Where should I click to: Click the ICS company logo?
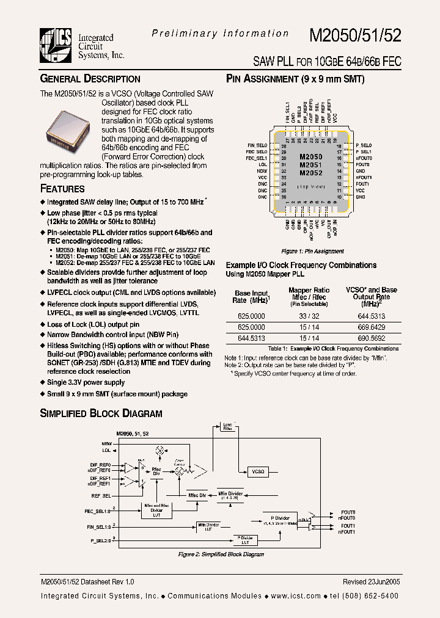point(56,45)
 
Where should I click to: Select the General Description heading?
point(90,79)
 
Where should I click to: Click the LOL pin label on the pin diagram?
point(262,164)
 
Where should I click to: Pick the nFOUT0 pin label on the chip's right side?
point(364,158)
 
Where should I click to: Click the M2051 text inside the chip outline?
point(310,165)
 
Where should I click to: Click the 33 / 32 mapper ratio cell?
point(309,316)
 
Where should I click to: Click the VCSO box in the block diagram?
point(258,471)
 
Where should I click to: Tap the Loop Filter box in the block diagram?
point(227,426)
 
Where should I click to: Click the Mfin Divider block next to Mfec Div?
point(231,495)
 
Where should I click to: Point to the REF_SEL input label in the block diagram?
point(101,496)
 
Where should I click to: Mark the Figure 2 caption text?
point(221,554)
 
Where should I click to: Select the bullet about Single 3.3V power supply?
point(86,382)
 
